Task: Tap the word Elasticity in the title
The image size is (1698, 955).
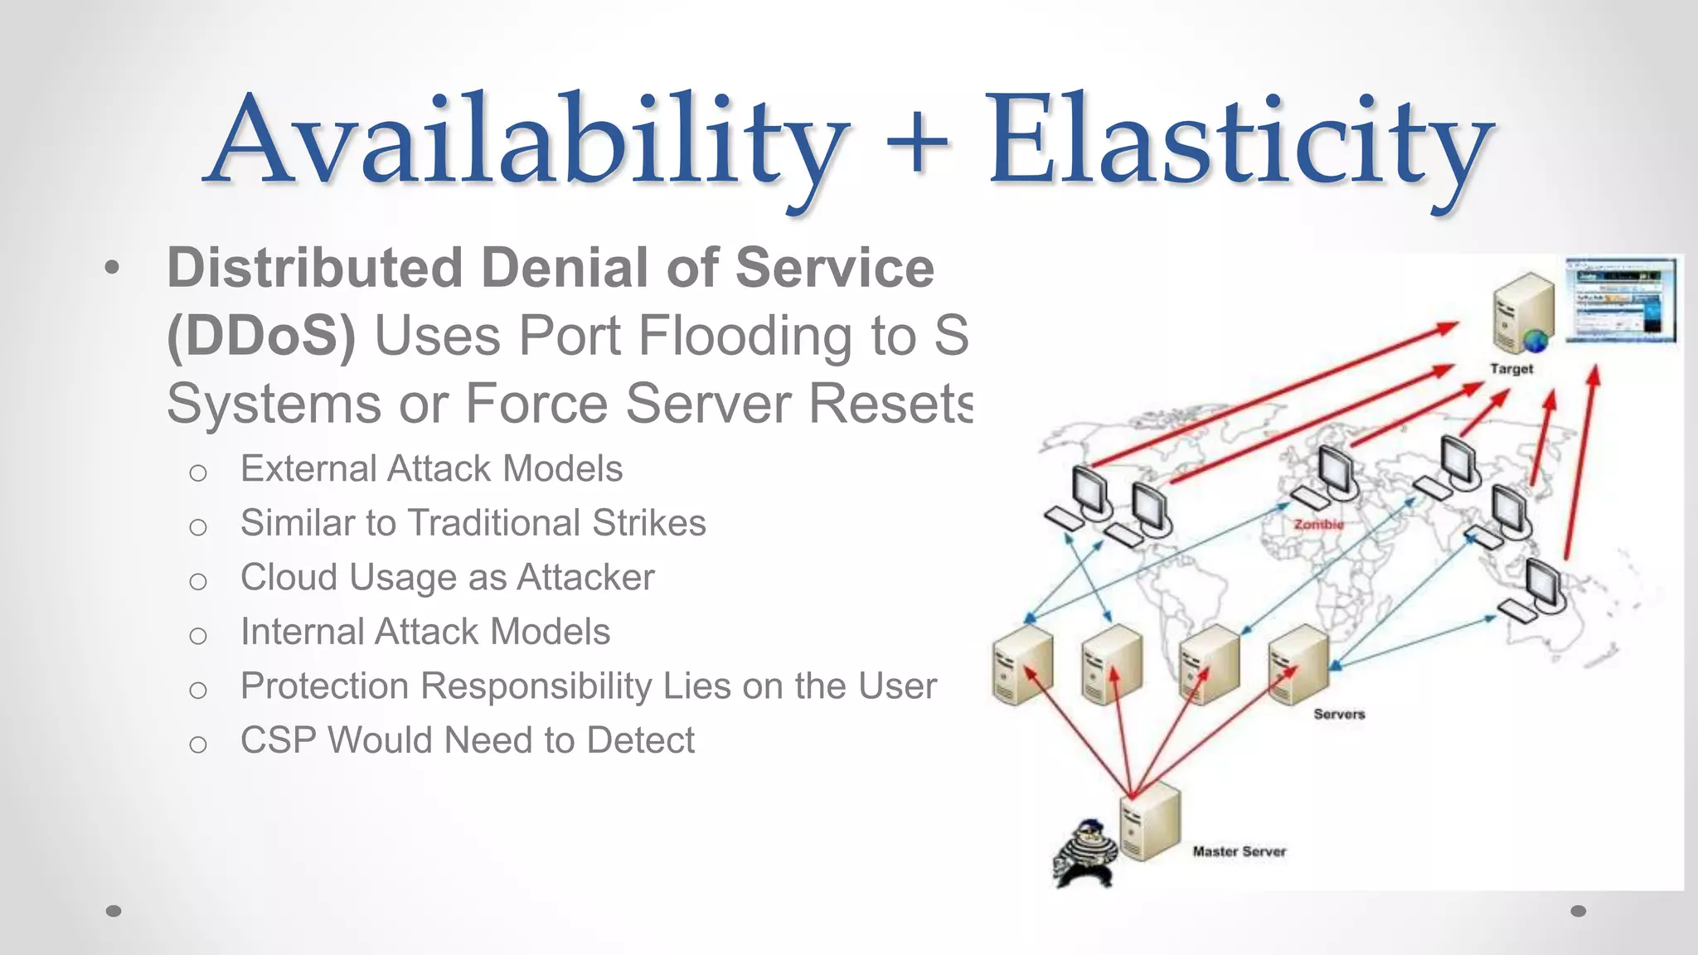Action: (x=1239, y=139)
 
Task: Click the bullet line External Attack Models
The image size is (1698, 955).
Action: (x=431, y=469)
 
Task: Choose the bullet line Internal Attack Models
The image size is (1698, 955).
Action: (x=425, y=632)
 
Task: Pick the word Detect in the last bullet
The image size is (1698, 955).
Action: (x=640, y=740)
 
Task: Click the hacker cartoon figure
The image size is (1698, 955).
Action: (x=1084, y=853)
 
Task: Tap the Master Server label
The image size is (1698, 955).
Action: (x=1239, y=851)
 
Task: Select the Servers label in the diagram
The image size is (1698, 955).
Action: (x=1338, y=714)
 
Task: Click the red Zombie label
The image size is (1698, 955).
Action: (x=1318, y=524)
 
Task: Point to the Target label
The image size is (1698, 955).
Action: (x=1511, y=369)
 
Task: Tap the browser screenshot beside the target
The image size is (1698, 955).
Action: (x=1621, y=299)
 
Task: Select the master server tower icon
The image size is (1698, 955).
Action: (x=1149, y=821)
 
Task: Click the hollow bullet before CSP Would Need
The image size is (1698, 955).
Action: (x=197, y=744)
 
